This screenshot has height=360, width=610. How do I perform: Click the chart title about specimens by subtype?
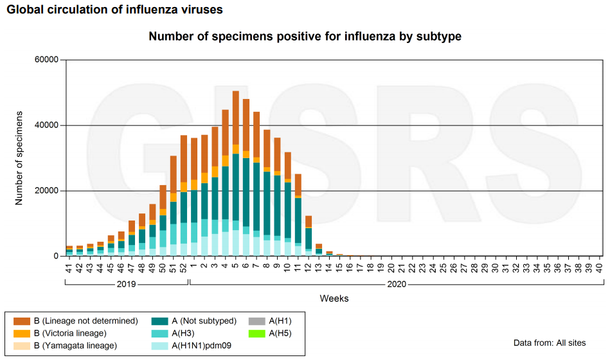point(305,37)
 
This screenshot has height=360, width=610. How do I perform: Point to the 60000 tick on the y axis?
point(46,60)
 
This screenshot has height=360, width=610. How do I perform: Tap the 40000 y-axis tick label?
point(46,125)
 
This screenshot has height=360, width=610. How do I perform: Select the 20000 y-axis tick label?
point(46,191)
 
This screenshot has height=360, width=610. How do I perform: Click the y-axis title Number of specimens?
point(19,157)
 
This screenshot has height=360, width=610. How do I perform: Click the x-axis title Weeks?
point(334,298)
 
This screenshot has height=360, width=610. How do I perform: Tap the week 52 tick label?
point(184,266)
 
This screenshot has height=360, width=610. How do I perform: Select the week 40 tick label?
point(599,266)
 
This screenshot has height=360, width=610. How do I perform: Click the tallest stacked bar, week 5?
point(236,174)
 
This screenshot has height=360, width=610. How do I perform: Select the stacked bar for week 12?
point(309,236)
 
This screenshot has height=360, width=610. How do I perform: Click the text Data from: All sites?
point(550,343)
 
